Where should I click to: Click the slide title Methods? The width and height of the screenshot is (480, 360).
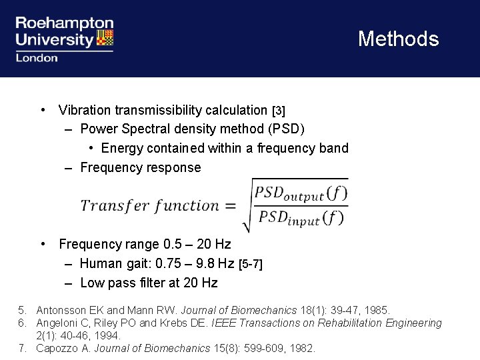pyautogui.click(x=398, y=39)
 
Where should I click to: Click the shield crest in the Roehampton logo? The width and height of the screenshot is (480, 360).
pyautogui.click(x=105, y=38)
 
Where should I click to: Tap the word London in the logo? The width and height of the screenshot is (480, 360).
pyautogui.click(x=37, y=58)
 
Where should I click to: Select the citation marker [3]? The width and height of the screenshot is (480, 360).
pyautogui.click(x=279, y=111)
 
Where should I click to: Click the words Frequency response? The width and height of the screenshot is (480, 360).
pyautogui.click(x=140, y=167)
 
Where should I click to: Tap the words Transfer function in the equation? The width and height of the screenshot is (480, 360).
pyautogui.click(x=149, y=205)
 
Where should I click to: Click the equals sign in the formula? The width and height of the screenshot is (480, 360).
pyautogui.click(x=230, y=206)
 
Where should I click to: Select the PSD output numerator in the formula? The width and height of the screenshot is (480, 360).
pyautogui.click(x=300, y=193)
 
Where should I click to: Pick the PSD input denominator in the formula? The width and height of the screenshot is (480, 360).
pyautogui.click(x=300, y=217)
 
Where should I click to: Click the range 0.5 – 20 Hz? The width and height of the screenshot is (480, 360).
pyautogui.click(x=195, y=245)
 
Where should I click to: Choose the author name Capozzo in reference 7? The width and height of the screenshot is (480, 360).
pyautogui.click(x=58, y=348)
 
